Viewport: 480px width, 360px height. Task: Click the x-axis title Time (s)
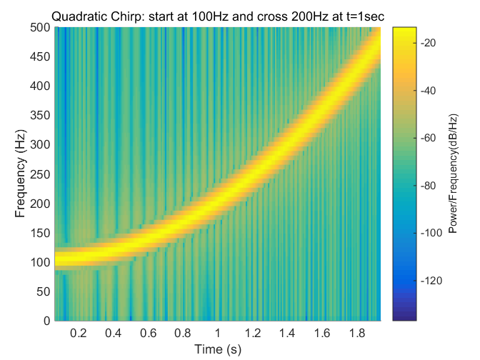217,350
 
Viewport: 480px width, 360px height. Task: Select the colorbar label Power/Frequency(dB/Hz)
452,174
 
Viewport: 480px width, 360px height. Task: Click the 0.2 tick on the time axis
78,333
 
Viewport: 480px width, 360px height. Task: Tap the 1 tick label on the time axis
217,333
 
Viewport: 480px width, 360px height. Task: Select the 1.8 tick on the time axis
356,333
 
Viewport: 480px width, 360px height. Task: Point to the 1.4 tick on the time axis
287,333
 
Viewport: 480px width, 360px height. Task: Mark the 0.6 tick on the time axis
148,333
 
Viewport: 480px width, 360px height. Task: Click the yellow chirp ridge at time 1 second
217,204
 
